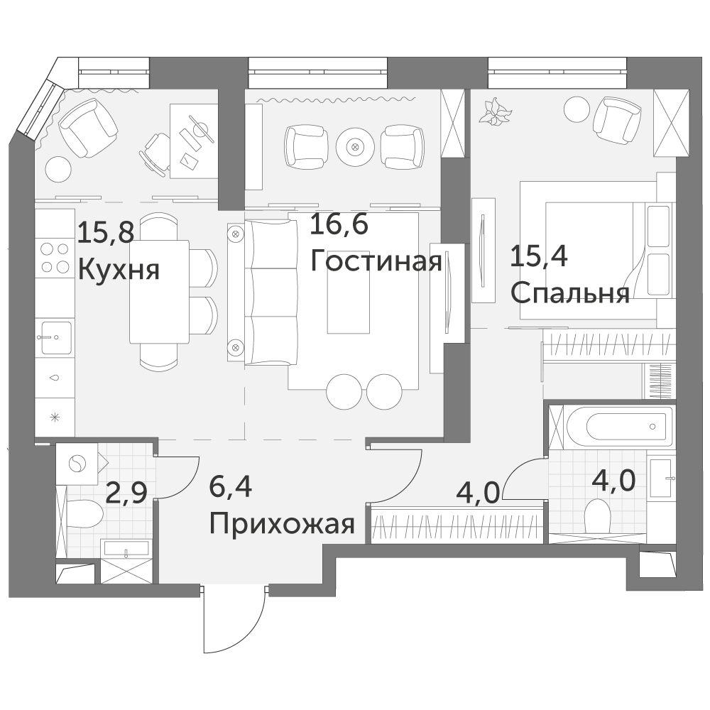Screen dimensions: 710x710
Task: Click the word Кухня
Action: (119, 271)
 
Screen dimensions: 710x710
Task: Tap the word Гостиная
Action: (376, 261)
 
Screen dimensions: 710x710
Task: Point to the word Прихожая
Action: (282, 525)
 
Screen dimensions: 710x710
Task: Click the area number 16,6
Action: (339, 225)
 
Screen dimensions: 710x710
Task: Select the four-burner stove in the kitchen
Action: (55, 258)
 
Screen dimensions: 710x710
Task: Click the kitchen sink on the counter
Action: (56, 337)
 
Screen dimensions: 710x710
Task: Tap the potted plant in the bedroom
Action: (496, 111)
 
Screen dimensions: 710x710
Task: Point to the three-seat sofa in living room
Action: (271, 292)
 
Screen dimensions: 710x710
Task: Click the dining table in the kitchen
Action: (159, 292)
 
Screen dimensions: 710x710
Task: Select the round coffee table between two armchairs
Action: (356, 147)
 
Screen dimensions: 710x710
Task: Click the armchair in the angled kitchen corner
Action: (89, 128)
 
